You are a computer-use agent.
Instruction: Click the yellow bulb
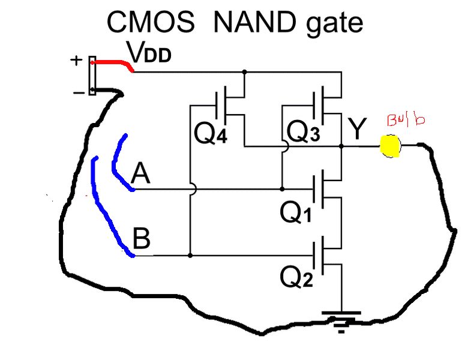tap(390, 146)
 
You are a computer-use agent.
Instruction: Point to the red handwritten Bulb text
tap(406, 120)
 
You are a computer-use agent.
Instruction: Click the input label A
tap(140, 175)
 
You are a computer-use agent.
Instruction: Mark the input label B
tap(141, 241)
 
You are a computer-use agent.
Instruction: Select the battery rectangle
tap(92, 76)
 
